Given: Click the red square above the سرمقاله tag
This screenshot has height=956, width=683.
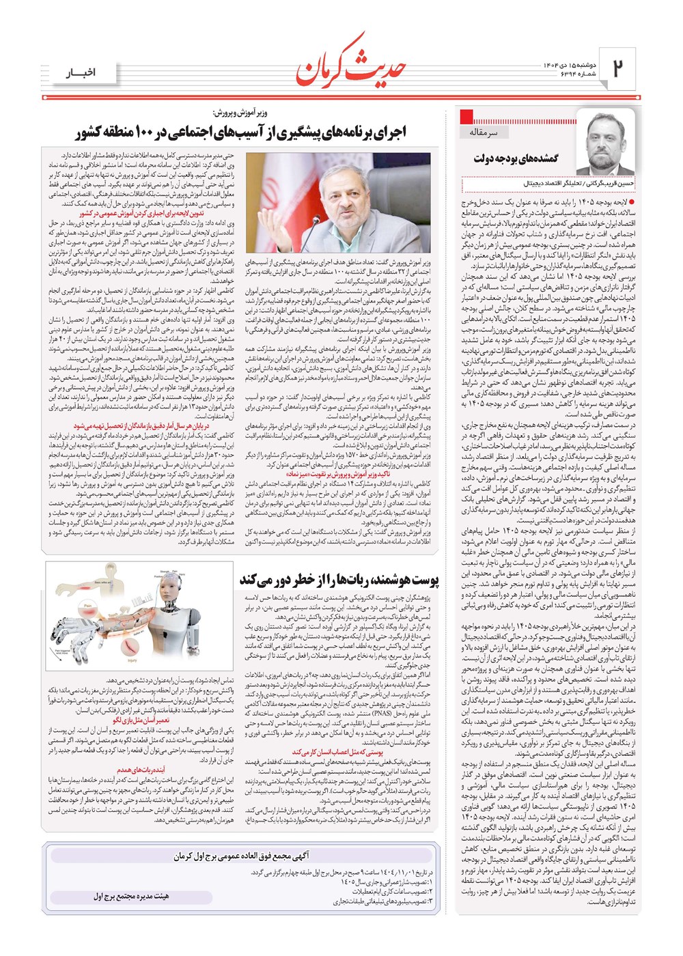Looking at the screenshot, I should (467, 116).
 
